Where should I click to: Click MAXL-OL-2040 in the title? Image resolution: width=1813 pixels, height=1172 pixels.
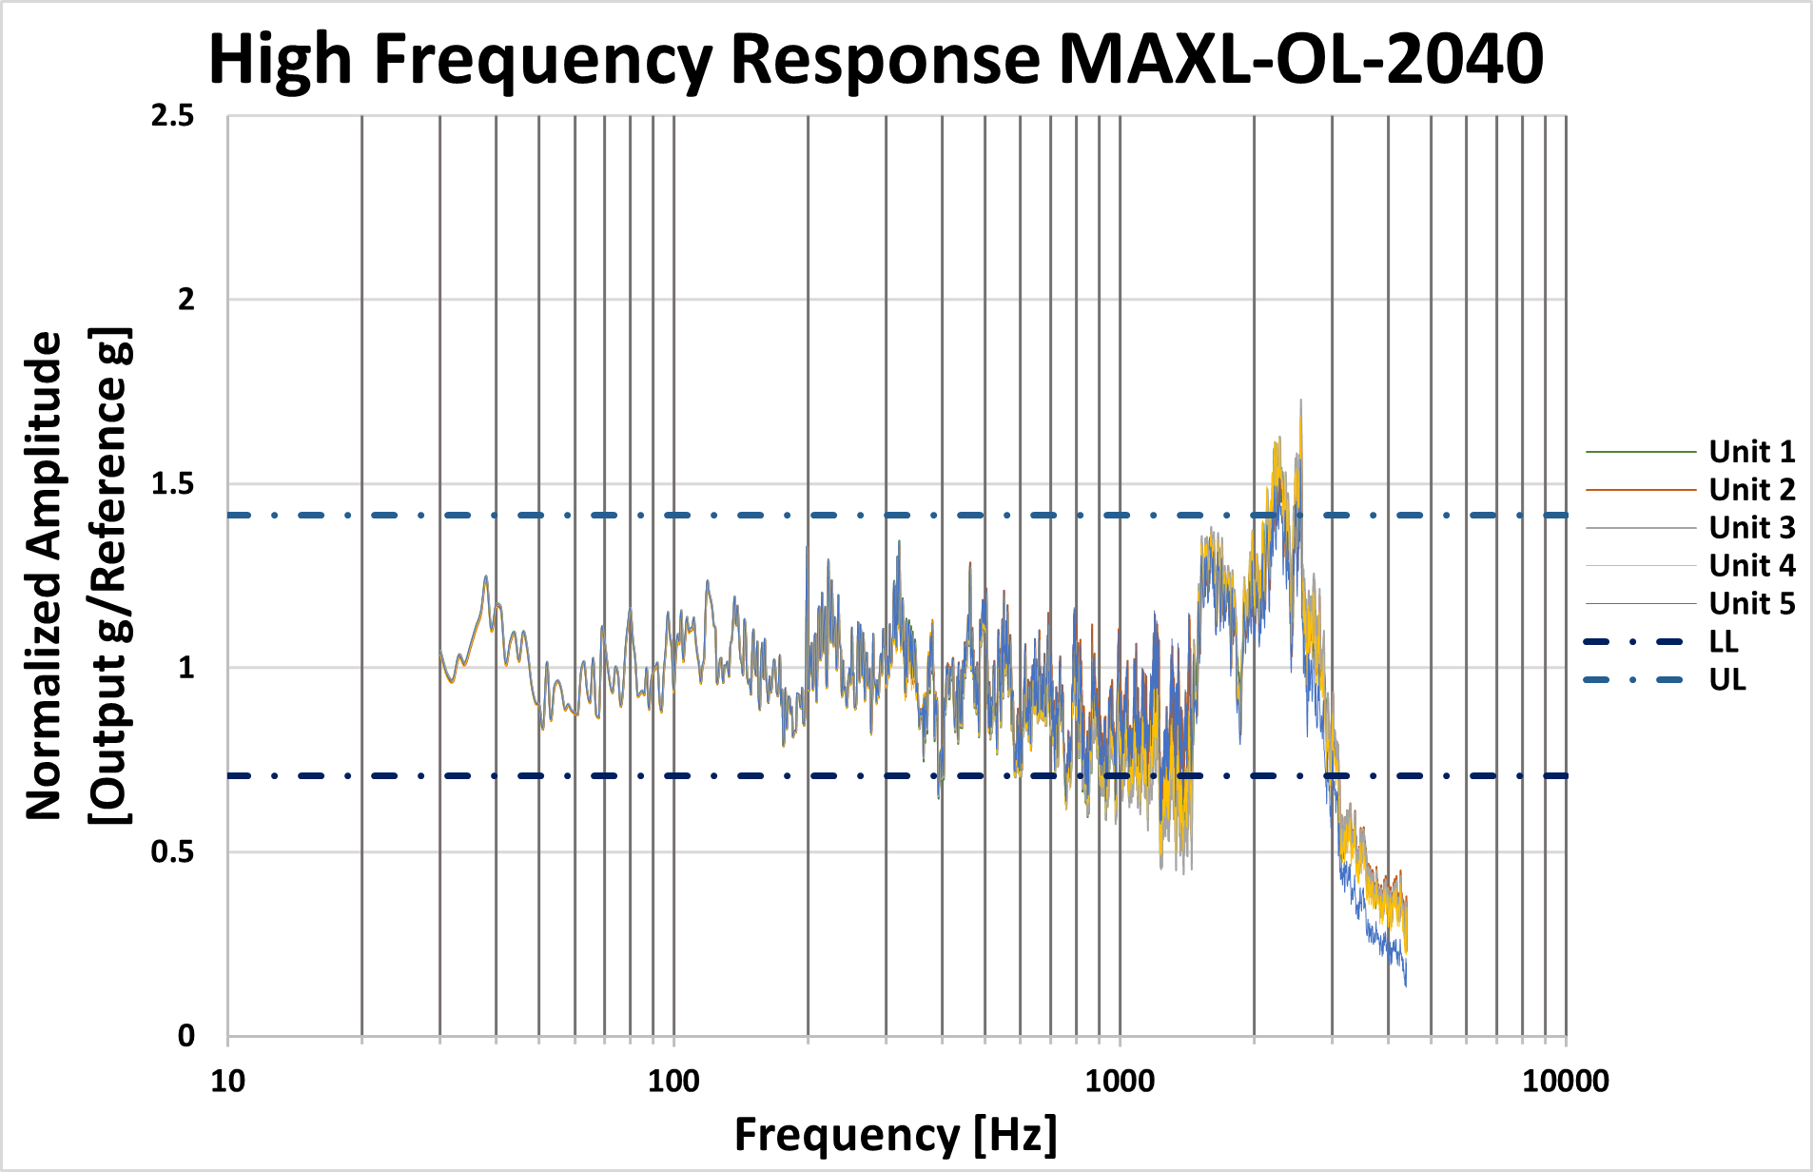pyautogui.click(x=1300, y=59)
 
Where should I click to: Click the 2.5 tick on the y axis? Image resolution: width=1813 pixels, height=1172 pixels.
pyautogui.click(x=172, y=116)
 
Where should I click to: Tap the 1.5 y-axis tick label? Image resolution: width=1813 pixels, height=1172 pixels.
pyautogui.click(x=172, y=484)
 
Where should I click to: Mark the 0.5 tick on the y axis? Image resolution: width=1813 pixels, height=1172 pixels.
pyautogui.click(x=172, y=852)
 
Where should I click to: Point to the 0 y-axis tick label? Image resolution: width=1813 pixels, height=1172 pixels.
pyautogui.click(x=186, y=1036)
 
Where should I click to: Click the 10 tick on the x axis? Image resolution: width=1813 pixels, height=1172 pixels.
pyautogui.click(x=227, y=1082)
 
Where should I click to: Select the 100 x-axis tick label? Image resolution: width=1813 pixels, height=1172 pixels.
pyautogui.click(x=673, y=1082)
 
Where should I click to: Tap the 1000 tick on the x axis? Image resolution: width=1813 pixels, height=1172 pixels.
pyautogui.click(x=1120, y=1082)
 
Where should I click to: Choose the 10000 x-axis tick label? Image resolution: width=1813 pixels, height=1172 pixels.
pyautogui.click(x=1566, y=1082)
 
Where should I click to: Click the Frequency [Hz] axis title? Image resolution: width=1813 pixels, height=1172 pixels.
pyautogui.click(x=895, y=1135)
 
